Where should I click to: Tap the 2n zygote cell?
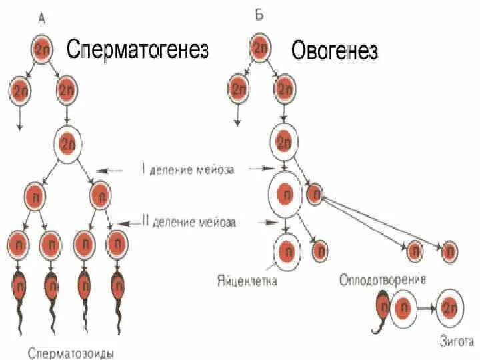450,308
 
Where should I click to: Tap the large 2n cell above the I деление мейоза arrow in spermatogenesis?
67,143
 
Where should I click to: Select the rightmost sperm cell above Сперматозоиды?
117,286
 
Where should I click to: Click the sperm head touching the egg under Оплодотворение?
383,307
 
